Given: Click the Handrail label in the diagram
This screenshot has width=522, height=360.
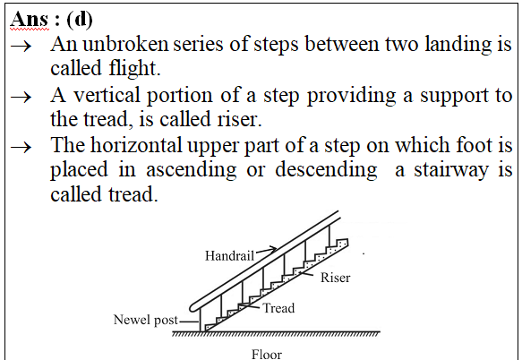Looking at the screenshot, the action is (x=229, y=256).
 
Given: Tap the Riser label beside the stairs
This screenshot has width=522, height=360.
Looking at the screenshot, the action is (x=335, y=278).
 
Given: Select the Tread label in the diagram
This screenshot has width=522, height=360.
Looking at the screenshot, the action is (x=279, y=308).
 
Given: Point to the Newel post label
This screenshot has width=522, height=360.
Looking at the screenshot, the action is (x=146, y=320).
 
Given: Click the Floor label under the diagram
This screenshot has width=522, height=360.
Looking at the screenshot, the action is (x=267, y=355).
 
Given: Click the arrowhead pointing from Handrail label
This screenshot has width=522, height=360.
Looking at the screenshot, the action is (x=273, y=248).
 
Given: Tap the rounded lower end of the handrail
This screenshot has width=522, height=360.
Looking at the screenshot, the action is (x=193, y=308).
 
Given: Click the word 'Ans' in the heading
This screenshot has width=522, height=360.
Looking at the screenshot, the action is (x=30, y=20).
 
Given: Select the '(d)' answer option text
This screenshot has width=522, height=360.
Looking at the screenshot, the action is (x=80, y=20).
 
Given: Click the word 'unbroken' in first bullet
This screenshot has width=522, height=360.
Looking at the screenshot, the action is (x=126, y=44).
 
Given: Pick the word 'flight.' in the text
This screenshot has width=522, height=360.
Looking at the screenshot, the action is (x=135, y=69).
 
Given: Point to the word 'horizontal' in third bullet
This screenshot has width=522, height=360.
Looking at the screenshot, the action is (x=136, y=145).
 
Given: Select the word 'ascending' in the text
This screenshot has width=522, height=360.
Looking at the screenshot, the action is (x=192, y=170).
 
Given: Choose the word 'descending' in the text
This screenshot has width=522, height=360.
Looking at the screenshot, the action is (x=326, y=170).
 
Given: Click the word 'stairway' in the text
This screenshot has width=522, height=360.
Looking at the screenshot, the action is (x=452, y=170).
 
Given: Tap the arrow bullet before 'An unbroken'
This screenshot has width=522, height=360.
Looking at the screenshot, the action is (x=21, y=47).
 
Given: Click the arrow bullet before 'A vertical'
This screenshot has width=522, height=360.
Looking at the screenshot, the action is (x=21, y=98).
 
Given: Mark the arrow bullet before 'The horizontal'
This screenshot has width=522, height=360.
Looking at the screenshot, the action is (x=21, y=147).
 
